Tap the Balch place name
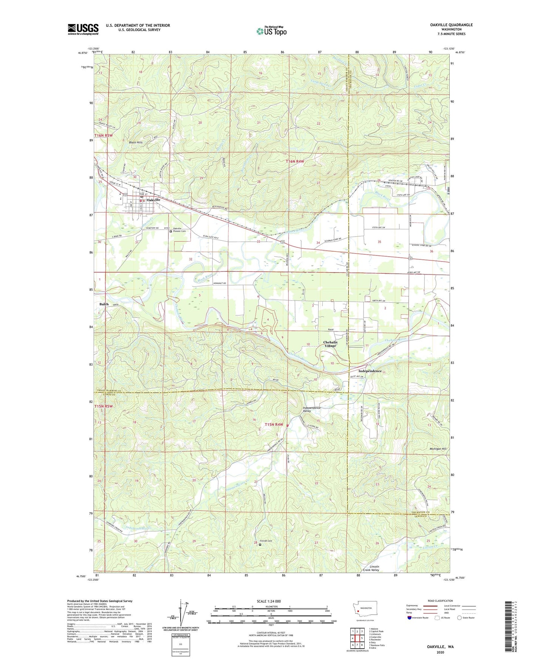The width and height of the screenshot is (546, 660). click(x=104, y=304)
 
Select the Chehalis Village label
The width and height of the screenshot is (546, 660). click(x=330, y=344)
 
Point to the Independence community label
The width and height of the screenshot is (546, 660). click(x=370, y=371)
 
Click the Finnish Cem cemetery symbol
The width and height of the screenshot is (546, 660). click(x=260, y=545)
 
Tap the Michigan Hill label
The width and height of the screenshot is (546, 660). click(x=438, y=449)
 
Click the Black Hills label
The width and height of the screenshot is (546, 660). click(x=136, y=143)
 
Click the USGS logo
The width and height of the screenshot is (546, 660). click(x=83, y=29)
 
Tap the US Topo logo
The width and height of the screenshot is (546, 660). click(x=271, y=31)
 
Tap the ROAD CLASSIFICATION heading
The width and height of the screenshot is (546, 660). click(x=440, y=601)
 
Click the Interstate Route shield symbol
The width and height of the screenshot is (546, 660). click(x=410, y=618)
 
